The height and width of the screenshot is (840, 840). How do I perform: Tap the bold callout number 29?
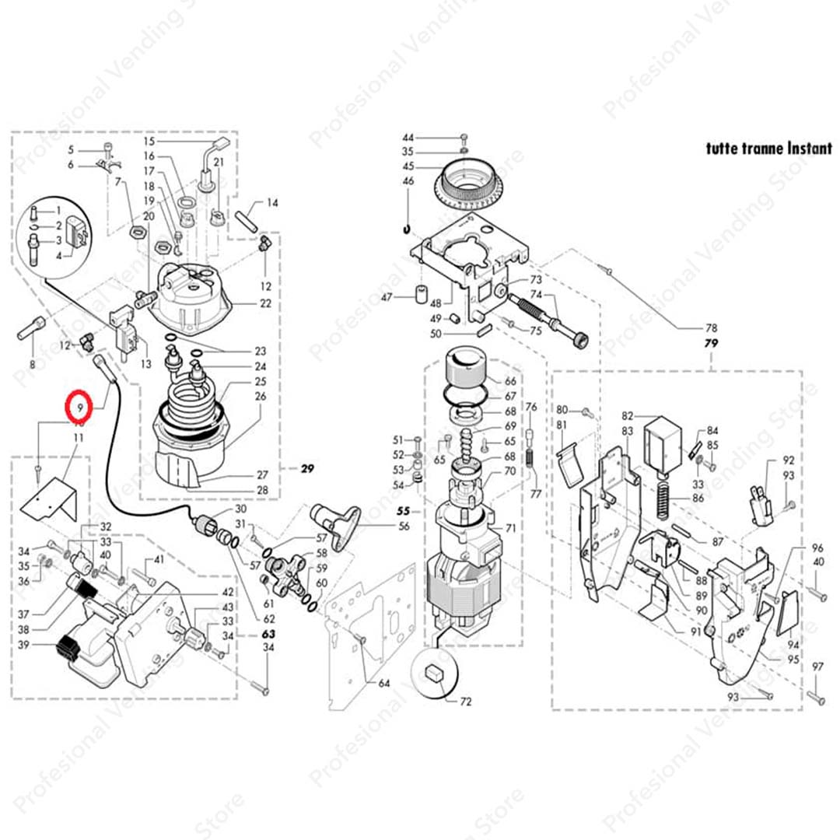click(x=306, y=468)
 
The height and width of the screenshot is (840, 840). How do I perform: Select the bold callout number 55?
click(x=403, y=512)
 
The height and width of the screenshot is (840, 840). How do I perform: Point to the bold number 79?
click(x=710, y=343)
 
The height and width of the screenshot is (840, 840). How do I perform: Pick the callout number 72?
click(x=465, y=702)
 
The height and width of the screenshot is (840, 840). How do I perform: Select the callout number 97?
click(x=817, y=667)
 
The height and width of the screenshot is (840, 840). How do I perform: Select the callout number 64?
click(x=383, y=684)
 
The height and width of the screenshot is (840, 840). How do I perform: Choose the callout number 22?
click(x=265, y=303)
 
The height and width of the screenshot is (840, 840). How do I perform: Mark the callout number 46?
click(x=408, y=180)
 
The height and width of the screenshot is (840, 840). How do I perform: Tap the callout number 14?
click(x=272, y=203)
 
